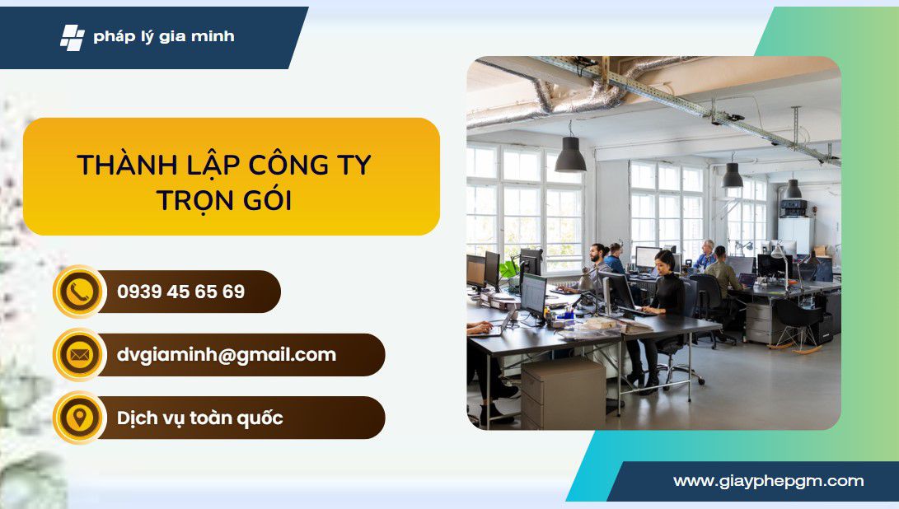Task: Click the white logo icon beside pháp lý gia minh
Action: [73, 38]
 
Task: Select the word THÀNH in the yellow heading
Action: [127, 165]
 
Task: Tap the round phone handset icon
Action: [80, 292]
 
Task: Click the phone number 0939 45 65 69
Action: [181, 292]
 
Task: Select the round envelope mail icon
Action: [80, 355]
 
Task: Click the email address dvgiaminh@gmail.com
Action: [227, 355]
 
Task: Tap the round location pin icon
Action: [80, 418]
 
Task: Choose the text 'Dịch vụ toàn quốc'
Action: [200, 418]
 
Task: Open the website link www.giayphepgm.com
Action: [769, 481]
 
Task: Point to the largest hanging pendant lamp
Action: [570, 154]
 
